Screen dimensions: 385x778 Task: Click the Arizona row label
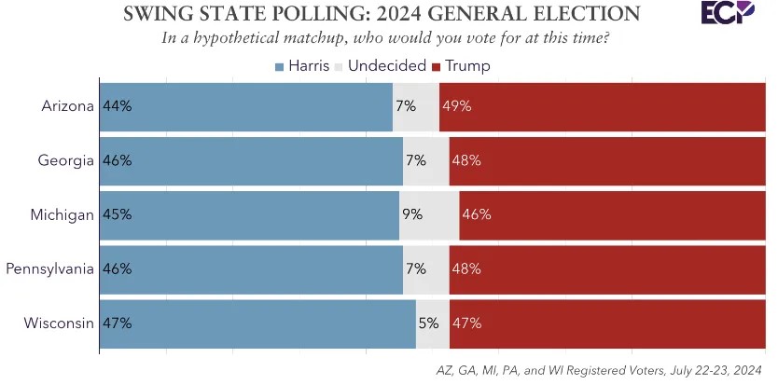point(67,106)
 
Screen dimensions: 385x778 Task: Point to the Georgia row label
point(65,160)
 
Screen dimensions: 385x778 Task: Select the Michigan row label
point(63,214)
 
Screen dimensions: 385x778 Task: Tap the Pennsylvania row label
point(49,269)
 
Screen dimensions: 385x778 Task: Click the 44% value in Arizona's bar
point(118,106)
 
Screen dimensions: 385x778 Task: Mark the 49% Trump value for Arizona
point(457,106)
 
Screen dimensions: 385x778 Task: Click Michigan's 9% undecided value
point(411,214)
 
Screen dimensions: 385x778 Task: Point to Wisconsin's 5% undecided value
point(428,323)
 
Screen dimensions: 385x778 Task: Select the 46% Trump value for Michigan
point(476,214)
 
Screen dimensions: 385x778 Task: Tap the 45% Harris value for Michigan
point(118,214)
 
